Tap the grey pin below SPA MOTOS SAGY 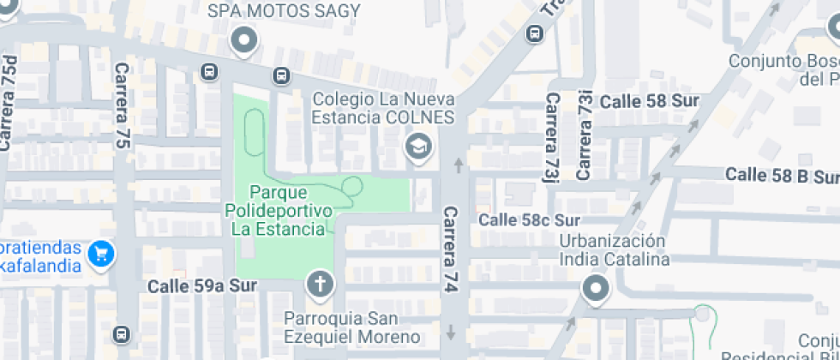(246, 40)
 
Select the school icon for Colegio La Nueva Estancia (418, 147)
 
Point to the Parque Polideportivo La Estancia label (279, 210)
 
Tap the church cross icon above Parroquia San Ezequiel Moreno (321, 285)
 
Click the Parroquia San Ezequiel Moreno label (352, 327)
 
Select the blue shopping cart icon (101, 254)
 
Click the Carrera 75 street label (121, 105)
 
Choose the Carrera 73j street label (550, 137)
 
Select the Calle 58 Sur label (649, 101)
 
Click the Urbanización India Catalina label (614, 249)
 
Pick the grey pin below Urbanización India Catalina (595, 289)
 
